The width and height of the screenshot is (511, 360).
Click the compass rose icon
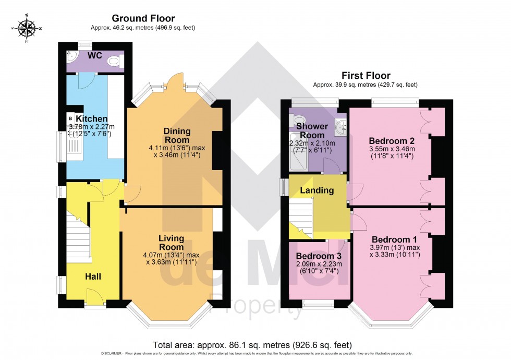[28, 29]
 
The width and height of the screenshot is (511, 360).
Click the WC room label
[94, 55]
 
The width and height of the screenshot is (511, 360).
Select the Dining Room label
[177, 136]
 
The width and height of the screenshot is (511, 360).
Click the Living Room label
[171, 243]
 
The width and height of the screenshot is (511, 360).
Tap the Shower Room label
[312, 130]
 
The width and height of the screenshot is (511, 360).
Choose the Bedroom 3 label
[318, 256]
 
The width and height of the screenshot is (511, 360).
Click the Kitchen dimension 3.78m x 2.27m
[91, 127]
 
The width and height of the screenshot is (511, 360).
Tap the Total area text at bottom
[252, 345]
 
